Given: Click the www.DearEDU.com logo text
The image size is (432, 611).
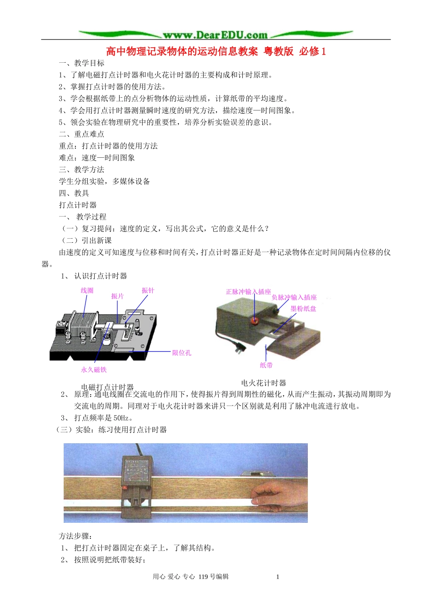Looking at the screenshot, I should coord(215,35).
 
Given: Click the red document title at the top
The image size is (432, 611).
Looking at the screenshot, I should coord(216,51).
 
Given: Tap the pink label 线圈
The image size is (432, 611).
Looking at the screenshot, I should coord(87,290).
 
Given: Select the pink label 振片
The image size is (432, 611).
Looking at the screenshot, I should coord(117,296).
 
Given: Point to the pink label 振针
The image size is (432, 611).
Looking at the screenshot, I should coord(148,290).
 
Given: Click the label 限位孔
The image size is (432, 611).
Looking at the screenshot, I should coord(182,353).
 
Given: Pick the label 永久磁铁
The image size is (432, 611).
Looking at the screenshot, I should coord(94,370).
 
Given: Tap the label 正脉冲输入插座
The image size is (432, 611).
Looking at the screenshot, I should coord(248,292).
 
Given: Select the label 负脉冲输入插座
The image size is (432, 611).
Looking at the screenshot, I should coord(294,297).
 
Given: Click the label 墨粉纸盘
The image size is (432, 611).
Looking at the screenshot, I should coord(303,309).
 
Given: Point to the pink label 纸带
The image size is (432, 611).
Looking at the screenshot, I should coord(266,365).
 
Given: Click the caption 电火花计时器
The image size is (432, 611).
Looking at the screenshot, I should coord(264,383).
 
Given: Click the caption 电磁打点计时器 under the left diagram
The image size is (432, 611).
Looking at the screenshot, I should coord(107,387).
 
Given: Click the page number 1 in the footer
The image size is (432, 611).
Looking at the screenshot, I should coord(277,577).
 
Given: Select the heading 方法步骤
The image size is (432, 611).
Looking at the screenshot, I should coord(75,536).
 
